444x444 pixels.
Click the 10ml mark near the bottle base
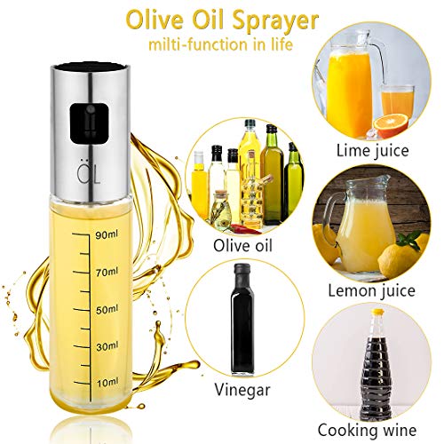108,381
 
